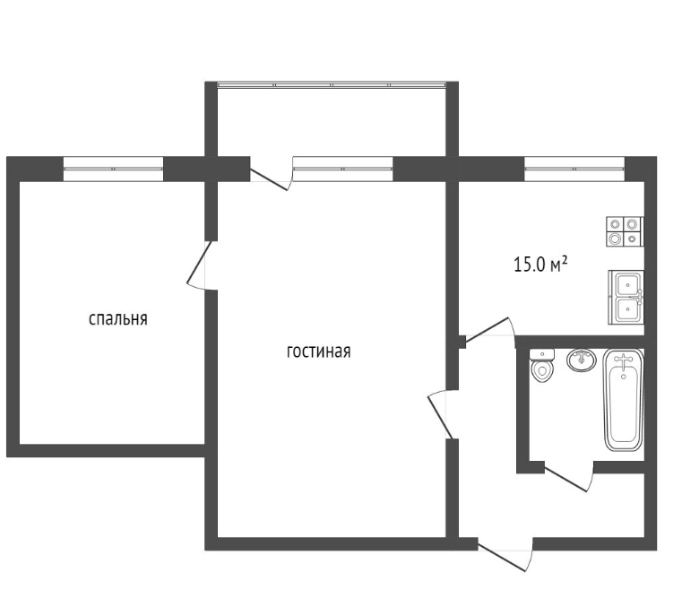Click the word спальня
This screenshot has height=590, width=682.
tap(118, 319)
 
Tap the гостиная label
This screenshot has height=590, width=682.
tap(319, 351)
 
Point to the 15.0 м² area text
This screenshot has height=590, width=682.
tap(540, 265)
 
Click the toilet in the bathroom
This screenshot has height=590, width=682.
tap(541, 366)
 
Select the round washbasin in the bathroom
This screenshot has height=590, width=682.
tap(582, 360)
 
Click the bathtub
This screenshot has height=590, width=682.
tap(624, 400)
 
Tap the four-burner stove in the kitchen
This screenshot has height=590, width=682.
tap(625, 231)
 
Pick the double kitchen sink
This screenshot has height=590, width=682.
tap(626, 297)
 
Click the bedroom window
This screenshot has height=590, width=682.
tap(114, 169)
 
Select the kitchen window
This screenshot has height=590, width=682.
tap(574, 169)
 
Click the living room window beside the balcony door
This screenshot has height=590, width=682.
tap(342, 169)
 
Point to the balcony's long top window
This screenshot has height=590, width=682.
tap(332, 85)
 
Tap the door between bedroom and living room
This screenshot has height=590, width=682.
tap(199, 264)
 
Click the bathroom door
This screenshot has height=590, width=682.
tap(566, 477)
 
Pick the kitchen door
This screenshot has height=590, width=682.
tap(488, 329)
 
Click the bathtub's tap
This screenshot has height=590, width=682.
tap(624, 360)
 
